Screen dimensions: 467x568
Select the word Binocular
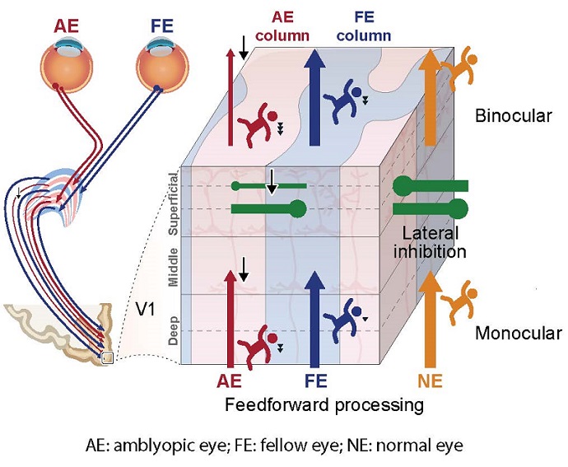point(514,116)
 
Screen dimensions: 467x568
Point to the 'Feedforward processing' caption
point(327,404)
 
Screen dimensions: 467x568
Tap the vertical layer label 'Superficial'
point(173,203)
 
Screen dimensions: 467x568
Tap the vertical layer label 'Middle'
point(173,265)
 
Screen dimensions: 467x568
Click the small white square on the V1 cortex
point(105,357)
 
